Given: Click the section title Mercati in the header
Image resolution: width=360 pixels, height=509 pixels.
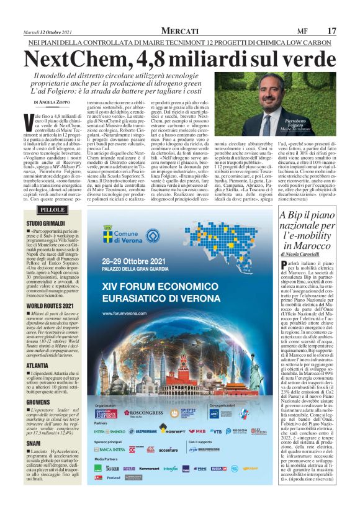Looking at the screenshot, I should click(179, 30).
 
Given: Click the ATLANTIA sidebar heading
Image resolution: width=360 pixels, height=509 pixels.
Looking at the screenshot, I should click(39, 366).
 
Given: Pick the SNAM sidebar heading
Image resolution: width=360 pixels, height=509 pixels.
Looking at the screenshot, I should click(35, 461).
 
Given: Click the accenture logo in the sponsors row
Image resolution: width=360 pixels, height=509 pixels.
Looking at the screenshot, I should click(168, 449).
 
